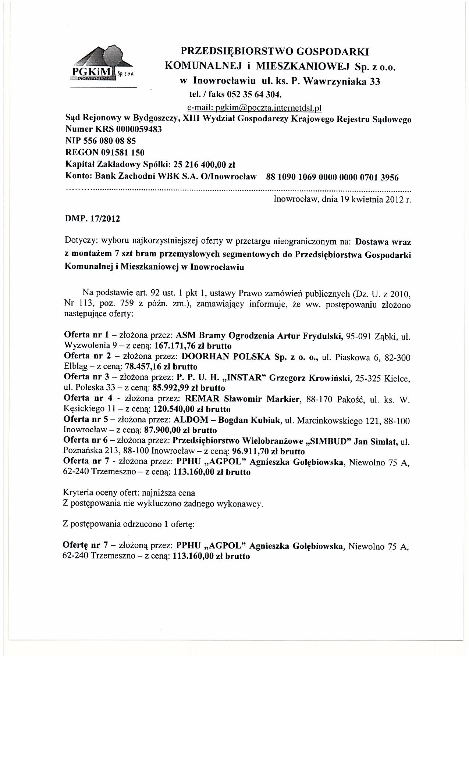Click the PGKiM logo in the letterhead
point(103,65)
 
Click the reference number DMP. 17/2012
point(92,219)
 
